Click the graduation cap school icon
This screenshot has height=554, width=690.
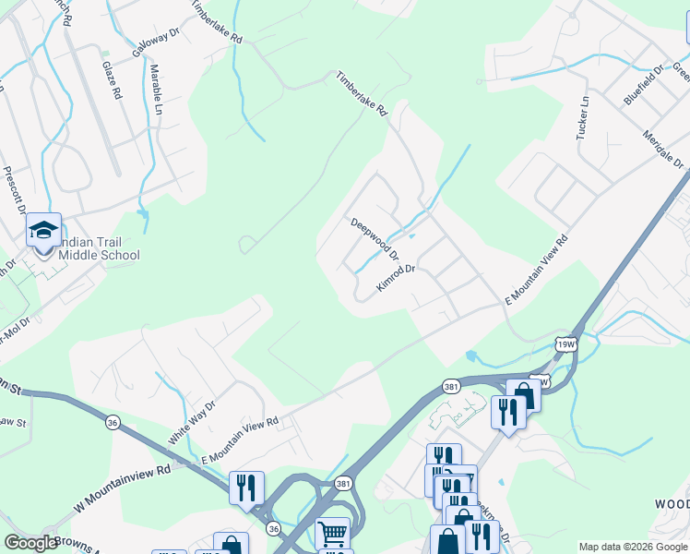42,231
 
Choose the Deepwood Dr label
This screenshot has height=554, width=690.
375,238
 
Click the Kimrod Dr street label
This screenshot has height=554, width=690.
398,280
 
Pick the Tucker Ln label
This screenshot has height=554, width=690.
582,117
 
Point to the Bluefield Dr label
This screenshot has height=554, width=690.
643,84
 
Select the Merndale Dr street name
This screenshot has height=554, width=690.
664,149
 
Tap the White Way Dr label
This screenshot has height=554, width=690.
192,422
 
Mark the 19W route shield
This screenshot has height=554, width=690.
566,344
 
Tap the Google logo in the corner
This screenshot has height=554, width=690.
30,543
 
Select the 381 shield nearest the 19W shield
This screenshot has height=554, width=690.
451,387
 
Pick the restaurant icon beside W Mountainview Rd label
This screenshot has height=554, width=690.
246,487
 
